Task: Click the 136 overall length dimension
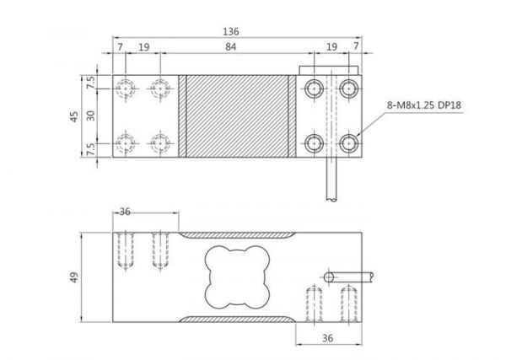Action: tap(231, 31)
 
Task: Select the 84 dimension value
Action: tap(231, 47)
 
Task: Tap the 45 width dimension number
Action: tap(74, 116)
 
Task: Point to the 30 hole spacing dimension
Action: tap(91, 116)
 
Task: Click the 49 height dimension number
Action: tap(74, 277)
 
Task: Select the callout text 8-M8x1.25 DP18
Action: tap(424, 105)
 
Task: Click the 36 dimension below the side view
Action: tap(327, 338)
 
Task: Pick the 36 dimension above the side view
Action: tap(125, 212)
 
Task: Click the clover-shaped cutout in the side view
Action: tap(237, 277)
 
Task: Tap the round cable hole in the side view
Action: tap(329, 277)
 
